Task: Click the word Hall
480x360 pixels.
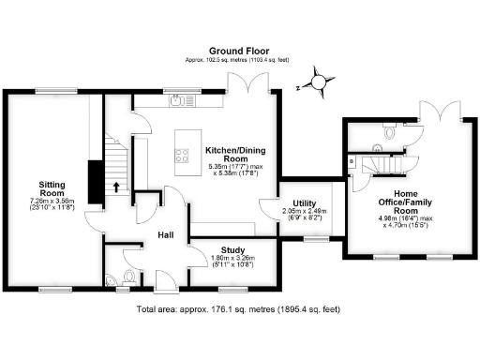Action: coord(165,235)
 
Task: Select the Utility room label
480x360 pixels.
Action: coord(303,202)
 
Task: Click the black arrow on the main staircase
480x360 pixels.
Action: coord(116,187)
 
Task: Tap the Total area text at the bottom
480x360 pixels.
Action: coord(239,308)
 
